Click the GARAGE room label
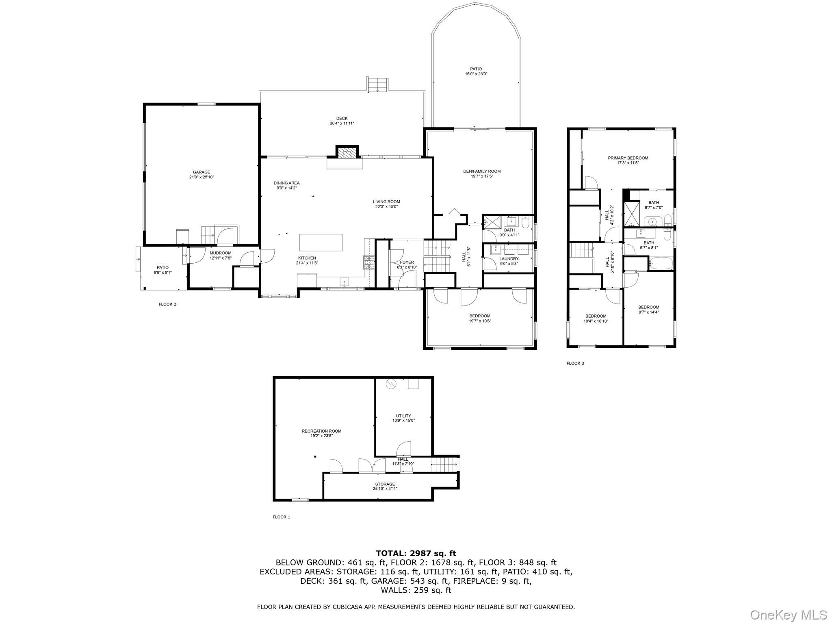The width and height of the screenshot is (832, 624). [x=201, y=175]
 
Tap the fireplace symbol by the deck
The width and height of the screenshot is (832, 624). [x=347, y=153]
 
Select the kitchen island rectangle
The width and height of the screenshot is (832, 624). [x=321, y=243]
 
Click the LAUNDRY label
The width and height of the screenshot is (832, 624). [x=509, y=261]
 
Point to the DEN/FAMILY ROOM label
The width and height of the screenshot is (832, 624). [x=482, y=173]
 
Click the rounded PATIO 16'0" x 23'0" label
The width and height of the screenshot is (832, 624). [x=476, y=71]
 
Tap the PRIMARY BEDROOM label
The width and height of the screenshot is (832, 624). [x=628, y=160]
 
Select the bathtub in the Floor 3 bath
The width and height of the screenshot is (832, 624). [x=661, y=263]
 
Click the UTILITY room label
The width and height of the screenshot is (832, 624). [x=403, y=418]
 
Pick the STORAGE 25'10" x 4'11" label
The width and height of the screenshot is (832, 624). [x=385, y=486]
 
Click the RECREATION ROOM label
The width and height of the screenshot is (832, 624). [x=321, y=433]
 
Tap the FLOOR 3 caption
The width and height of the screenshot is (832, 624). [x=575, y=363]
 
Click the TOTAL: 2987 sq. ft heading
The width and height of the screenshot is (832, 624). [x=416, y=553]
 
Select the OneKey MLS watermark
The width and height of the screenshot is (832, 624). [x=788, y=615]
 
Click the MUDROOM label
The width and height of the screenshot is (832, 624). [x=220, y=255]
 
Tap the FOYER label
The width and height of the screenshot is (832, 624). [x=407, y=264]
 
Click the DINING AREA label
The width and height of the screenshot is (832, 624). [x=286, y=185]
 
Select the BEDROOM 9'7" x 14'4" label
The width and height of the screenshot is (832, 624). [x=648, y=310]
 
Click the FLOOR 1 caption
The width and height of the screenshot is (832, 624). [x=281, y=517]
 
